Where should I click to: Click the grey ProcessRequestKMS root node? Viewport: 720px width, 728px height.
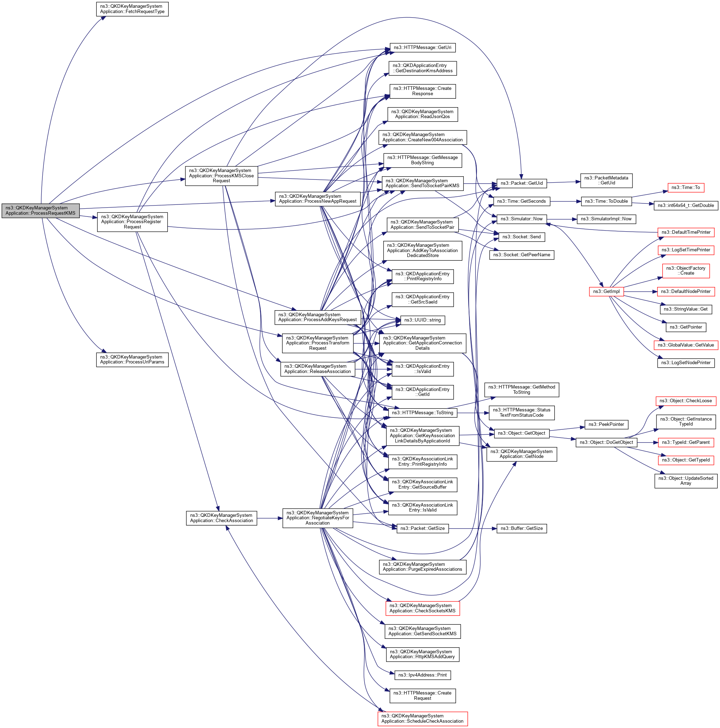[x=40, y=210]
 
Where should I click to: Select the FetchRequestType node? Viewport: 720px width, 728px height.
[x=132, y=9]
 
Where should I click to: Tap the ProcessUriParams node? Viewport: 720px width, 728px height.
[x=132, y=360]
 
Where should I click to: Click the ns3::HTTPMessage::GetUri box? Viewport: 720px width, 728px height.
[x=422, y=48]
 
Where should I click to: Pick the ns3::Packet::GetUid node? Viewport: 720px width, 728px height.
[x=522, y=183]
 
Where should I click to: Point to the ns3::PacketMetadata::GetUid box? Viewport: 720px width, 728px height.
[x=606, y=181]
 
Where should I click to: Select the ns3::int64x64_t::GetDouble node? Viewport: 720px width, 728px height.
[x=686, y=206]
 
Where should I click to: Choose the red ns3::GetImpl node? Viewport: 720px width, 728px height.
[x=606, y=291]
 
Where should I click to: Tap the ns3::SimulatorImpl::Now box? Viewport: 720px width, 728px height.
[x=606, y=219]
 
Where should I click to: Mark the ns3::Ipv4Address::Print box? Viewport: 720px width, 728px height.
[x=422, y=675]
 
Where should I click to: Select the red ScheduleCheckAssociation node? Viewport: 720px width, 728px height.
[x=422, y=718]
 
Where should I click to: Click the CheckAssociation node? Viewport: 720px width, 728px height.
[x=221, y=518]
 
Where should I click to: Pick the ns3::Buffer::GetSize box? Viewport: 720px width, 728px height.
[x=521, y=528]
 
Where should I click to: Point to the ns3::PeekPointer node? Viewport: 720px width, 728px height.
[x=606, y=424]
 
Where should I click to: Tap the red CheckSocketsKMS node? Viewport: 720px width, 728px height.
[x=422, y=608]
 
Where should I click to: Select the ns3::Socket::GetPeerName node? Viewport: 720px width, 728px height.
[x=521, y=255]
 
